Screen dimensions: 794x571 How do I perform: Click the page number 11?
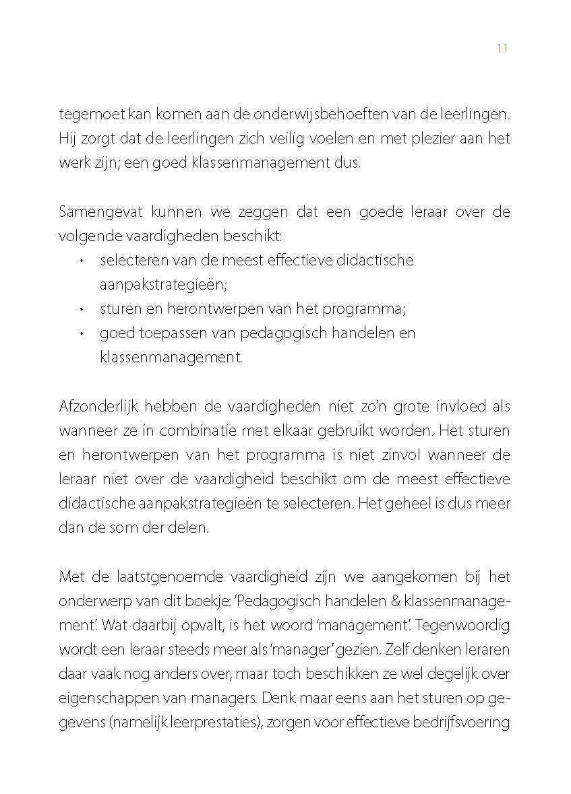click(502, 48)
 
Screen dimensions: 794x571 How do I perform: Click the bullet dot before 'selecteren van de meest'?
click(81, 261)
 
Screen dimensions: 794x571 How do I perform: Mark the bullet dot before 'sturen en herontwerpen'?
click(81, 309)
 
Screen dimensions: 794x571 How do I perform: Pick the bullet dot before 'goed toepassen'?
click(81, 333)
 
